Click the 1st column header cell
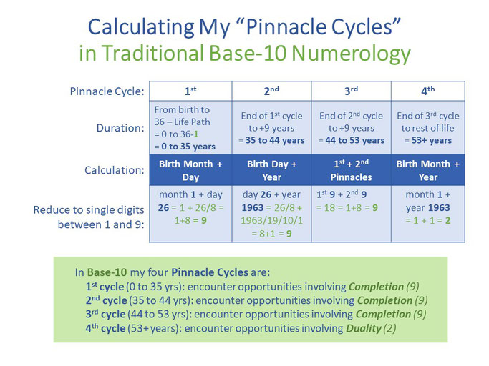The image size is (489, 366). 190,91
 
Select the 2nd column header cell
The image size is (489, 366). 271,91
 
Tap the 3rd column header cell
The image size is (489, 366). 351,91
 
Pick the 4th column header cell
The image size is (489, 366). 428,91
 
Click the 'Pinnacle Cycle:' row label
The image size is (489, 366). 107,91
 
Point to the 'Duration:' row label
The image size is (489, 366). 120,128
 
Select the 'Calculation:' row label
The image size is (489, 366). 115,170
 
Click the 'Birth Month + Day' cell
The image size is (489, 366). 190,170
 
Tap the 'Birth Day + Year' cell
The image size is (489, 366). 271,170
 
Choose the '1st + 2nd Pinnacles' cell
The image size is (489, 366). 351,170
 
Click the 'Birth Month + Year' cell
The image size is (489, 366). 428,170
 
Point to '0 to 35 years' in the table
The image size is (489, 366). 188,147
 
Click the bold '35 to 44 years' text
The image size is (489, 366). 275,141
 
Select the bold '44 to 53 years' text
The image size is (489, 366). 355,141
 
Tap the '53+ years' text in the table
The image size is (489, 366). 432,141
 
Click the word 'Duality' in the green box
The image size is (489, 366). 364,328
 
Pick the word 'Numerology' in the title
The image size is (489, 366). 351,54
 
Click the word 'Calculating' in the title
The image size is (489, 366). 141,27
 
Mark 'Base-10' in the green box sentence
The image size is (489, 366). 107,272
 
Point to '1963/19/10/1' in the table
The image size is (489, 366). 271,221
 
